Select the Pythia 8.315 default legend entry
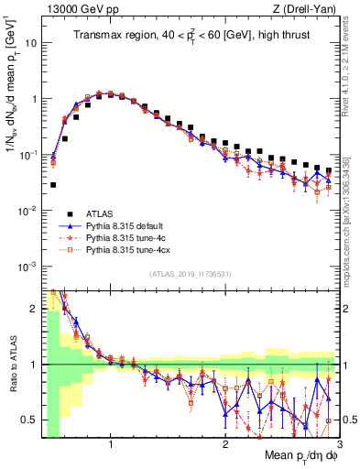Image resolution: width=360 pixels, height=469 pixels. [x=123, y=225]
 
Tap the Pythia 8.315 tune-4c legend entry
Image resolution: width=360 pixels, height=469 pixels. [x=123, y=237]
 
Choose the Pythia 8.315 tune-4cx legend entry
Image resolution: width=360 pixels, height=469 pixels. [x=125, y=249]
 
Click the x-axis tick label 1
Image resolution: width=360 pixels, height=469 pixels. [x=111, y=445]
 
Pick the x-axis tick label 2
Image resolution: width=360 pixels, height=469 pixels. [x=224, y=445]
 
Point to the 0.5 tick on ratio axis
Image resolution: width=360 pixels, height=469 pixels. [x=32, y=420]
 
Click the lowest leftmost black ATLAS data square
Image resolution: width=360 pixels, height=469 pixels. [x=53, y=185]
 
